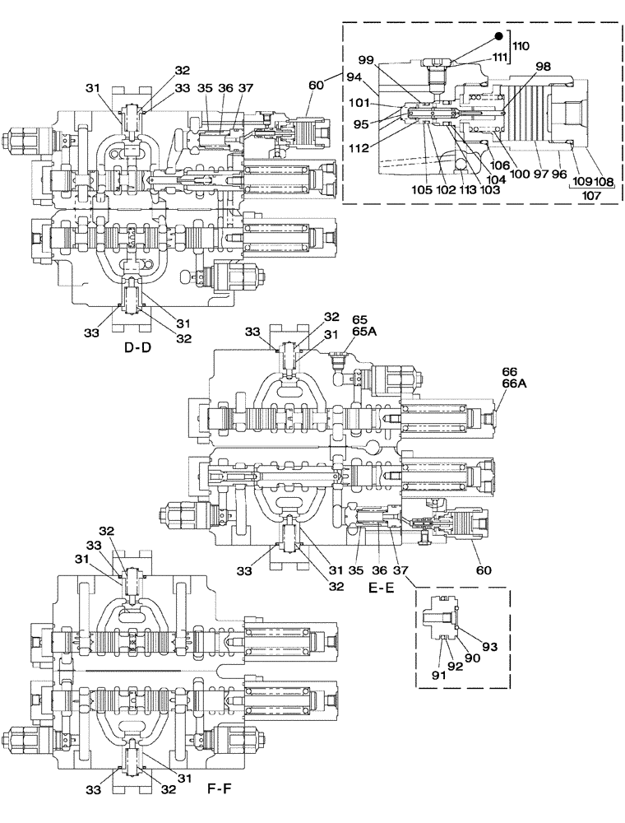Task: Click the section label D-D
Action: point(139,348)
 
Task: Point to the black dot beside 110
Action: point(499,35)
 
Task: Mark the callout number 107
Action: point(590,197)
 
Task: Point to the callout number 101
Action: point(358,105)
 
